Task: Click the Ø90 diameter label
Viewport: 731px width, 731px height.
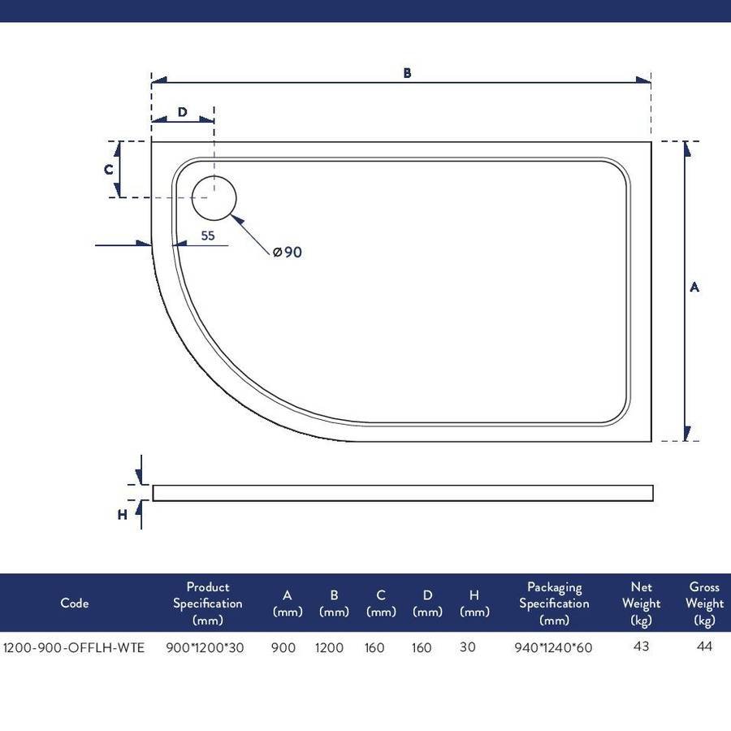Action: (288, 253)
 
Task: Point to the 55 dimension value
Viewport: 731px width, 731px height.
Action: (208, 236)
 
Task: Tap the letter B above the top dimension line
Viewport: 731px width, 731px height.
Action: (407, 73)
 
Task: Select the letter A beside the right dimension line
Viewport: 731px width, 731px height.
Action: (694, 288)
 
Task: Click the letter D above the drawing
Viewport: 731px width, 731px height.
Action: (182, 112)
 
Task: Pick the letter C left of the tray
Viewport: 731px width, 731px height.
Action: (109, 169)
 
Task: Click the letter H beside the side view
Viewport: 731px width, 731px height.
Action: (122, 515)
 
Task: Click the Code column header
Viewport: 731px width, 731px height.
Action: (75, 603)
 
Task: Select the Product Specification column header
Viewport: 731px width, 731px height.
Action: (208, 603)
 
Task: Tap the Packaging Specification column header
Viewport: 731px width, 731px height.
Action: (554, 603)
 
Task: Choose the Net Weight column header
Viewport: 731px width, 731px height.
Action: (641, 603)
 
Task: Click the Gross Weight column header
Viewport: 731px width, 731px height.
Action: (704, 603)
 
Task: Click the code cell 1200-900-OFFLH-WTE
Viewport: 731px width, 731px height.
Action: (74, 647)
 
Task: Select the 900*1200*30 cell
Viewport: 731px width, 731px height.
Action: (205, 647)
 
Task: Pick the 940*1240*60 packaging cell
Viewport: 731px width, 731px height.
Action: (553, 647)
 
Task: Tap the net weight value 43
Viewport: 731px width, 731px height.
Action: (642, 647)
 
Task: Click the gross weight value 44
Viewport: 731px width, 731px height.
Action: (704, 647)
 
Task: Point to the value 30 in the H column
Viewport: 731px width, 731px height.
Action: (467, 647)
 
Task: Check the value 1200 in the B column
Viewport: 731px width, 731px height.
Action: (329, 647)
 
